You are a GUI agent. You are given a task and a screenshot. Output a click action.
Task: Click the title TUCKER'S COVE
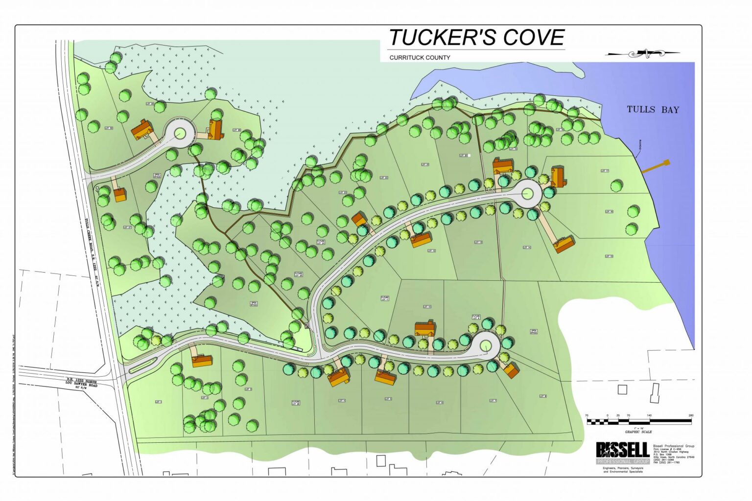tap(476, 38)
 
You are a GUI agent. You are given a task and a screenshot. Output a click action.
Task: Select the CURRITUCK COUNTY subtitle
tap(420, 57)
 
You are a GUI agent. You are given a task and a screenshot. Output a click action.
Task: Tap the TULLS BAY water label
tap(653, 110)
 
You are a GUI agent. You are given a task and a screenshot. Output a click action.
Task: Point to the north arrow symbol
tap(643, 53)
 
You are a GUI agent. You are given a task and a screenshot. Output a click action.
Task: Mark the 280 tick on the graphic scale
tap(691, 416)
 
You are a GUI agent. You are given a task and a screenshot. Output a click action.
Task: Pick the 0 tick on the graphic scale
tap(608, 416)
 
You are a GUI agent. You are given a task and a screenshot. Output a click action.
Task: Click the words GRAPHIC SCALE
tap(638, 432)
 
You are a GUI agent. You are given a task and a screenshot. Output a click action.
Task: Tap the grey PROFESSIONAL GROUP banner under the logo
tap(622, 461)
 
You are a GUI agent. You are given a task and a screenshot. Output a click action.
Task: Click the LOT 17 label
tap(605, 171)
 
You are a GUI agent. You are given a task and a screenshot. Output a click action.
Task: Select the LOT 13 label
tap(478, 242)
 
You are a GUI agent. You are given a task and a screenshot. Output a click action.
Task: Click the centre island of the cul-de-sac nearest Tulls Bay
tap(527, 194)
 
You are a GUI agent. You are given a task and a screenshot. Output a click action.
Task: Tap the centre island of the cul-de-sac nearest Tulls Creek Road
tap(180, 132)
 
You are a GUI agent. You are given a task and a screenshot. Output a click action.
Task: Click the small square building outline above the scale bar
tap(622, 389)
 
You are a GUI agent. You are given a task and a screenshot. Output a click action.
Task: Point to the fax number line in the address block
tap(666, 462)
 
